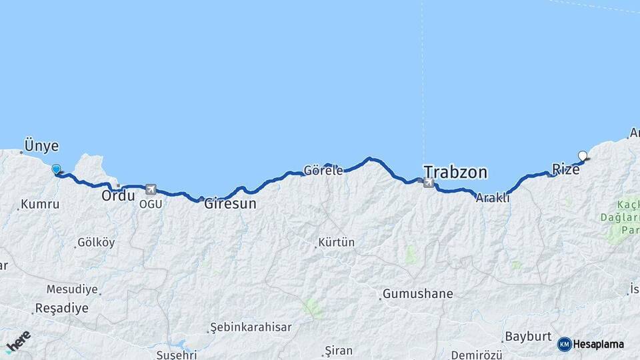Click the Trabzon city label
[455, 173]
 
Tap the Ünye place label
[41, 146]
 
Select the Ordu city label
[118, 196]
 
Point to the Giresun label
[230, 203]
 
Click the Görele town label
[323, 170]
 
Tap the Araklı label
[493, 198]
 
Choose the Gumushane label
[418, 293]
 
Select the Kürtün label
[337, 243]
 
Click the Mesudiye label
[72, 289]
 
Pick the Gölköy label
[96, 243]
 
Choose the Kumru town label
[40, 205]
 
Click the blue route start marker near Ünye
[56, 170]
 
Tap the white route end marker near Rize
[583, 156]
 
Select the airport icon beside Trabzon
[428, 182]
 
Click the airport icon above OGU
[151, 190]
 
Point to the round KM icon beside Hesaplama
[565, 344]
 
